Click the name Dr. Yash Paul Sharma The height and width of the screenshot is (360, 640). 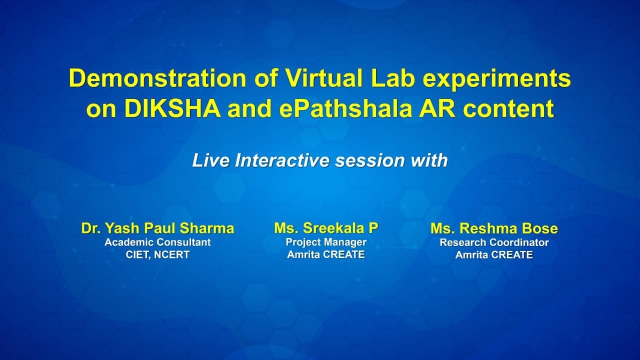click(157, 228)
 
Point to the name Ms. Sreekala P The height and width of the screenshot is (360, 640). click(326, 228)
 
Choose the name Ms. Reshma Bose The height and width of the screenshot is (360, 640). click(494, 228)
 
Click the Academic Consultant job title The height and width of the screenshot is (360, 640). click(157, 242)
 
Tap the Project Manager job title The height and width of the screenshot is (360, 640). click(326, 242)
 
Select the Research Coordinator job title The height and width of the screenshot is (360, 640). click(494, 242)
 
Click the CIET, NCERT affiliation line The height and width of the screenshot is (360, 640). click(157, 255)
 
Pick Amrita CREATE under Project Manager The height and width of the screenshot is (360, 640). click(326, 254)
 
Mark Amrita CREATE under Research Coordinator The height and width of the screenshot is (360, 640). click(494, 255)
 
